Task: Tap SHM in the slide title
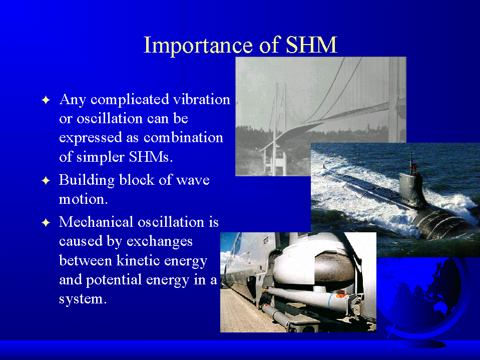311,45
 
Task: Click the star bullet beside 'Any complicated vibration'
46,100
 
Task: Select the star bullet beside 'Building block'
46,180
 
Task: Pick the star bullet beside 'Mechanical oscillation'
46,222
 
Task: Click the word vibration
201,99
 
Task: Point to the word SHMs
151,157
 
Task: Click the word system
83,299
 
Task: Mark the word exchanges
160,241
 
